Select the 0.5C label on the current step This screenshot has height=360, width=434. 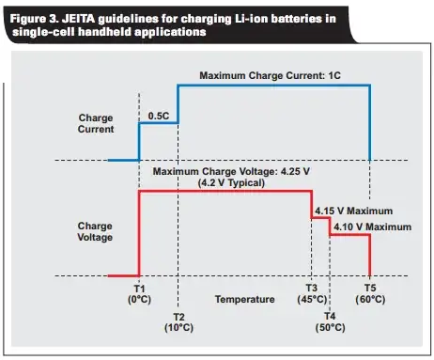159,115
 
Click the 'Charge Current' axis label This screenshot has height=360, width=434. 96,124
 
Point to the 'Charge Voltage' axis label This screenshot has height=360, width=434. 96,232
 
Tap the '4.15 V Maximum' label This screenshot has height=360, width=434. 353,211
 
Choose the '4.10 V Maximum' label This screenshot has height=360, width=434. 369,227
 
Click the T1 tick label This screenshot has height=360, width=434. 139,287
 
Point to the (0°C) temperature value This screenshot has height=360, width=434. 139,299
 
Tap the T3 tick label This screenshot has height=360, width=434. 312,287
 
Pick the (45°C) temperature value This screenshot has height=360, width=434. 312,299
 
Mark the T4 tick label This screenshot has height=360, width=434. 331,318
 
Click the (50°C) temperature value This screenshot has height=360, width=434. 331,330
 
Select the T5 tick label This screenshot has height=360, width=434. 371,287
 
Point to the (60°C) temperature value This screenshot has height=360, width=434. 371,299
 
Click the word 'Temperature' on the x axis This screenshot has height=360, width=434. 244,299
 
